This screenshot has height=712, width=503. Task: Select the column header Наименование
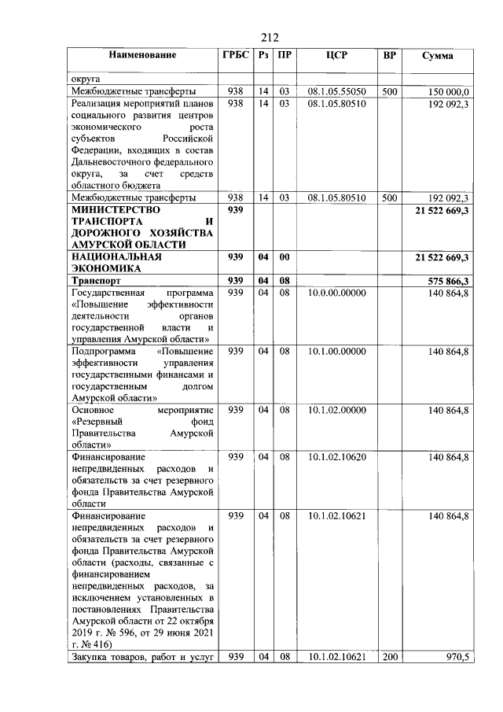[x=142, y=55]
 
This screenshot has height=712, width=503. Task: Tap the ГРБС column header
[x=235, y=55]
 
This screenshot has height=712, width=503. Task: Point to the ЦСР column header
[x=336, y=56]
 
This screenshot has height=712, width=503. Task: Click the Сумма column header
[x=437, y=56]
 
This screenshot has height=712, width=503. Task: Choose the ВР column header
[x=389, y=56]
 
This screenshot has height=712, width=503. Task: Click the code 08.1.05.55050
[x=336, y=92]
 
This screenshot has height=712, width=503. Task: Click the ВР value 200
[x=389, y=657]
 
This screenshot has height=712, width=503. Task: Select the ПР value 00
[x=285, y=257]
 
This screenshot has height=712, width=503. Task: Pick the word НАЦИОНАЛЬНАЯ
[x=116, y=257]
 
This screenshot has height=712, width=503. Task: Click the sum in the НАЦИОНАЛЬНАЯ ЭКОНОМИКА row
[x=437, y=257]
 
